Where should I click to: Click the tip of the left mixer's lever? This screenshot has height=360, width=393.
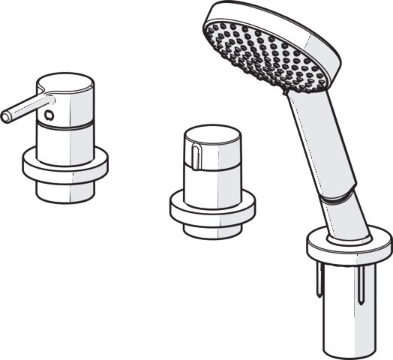(7, 115)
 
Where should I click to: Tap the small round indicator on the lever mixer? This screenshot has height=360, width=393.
(50, 115)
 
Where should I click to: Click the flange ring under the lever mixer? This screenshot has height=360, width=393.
(66, 168)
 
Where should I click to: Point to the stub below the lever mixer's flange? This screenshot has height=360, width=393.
(65, 191)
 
